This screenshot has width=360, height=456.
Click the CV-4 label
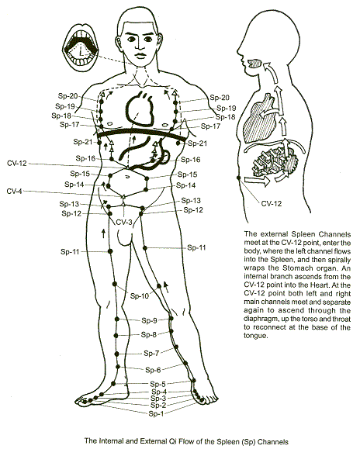[x=14, y=192]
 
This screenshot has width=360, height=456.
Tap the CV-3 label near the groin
[x=124, y=223]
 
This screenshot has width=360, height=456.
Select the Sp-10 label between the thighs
[x=140, y=296]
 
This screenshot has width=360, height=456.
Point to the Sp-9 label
[x=149, y=320]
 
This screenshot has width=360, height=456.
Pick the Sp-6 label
[x=153, y=370]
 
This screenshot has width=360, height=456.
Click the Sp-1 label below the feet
[x=156, y=413]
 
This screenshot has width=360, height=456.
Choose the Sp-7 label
[x=151, y=354]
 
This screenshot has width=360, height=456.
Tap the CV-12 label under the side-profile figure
[x=272, y=203]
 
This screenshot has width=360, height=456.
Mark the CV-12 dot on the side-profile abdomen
[x=239, y=178]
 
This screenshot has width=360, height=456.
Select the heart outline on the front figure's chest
[x=139, y=108]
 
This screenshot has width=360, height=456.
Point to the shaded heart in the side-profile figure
[x=258, y=118]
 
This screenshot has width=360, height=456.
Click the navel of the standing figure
[x=127, y=177]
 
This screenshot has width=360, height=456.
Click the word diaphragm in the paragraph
[x=258, y=320]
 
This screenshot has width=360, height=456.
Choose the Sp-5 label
[x=157, y=384]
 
